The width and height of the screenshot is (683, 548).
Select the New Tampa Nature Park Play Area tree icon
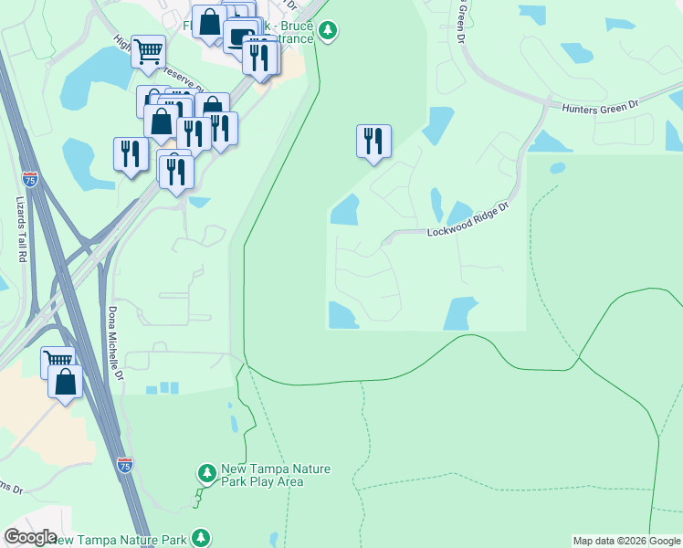point(207,472)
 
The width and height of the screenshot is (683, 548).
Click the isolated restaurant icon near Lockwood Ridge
point(373,141)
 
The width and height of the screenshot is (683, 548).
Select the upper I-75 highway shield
point(30,179)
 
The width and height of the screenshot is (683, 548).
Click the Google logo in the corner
point(30,537)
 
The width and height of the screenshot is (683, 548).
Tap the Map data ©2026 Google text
point(626,541)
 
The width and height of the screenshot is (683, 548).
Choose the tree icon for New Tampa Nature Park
point(201,539)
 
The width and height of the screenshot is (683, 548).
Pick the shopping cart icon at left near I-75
point(57,361)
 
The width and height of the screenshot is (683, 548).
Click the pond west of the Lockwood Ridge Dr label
point(344,211)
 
